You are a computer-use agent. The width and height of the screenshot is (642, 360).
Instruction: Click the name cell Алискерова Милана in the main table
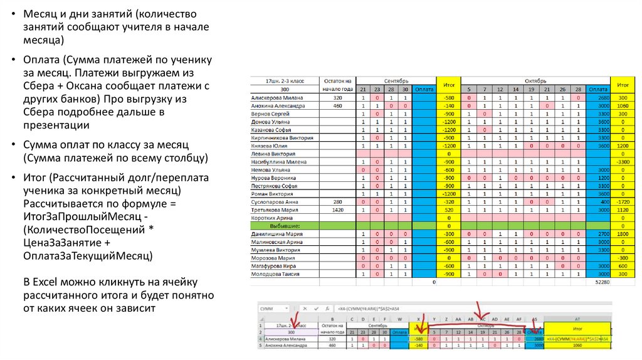pyautogui.click(x=276, y=98)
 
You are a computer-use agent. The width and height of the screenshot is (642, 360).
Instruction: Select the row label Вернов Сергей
pyautogui.click(x=270, y=114)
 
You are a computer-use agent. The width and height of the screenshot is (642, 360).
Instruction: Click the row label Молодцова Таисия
pyautogui.click(x=275, y=274)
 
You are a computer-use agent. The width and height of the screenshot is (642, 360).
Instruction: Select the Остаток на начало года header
pyautogui.click(x=337, y=85)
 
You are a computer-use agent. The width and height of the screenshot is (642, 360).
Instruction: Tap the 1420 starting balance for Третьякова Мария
pyautogui.click(x=338, y=209)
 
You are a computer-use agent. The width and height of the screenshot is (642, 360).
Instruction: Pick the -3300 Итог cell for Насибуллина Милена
pyautogui.click(x=623, y=162)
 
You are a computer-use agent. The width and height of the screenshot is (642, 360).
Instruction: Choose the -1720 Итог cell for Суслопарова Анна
pyautogui.click(x=623, y=201)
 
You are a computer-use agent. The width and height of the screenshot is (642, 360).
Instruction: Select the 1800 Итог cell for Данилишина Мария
pyautogui.click(x=623, y=233)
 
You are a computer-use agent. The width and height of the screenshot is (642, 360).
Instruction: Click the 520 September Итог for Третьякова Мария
pyautogui.click(x=448, y=209)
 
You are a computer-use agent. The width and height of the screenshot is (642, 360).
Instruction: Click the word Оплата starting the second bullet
pyautogui.click(x=41, y=60)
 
